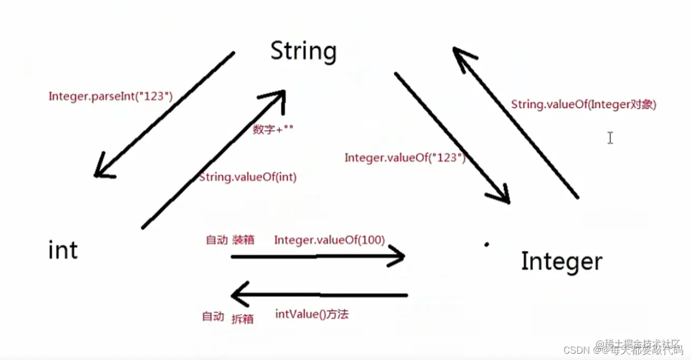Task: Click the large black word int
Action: coord(63,250)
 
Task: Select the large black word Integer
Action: coord(561,261)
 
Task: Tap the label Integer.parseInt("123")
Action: coord(111,96)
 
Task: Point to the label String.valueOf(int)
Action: coord(248,177)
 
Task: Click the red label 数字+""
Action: coord(272,130)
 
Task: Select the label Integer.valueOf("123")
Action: coord(405,158)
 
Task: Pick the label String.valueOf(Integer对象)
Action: coord(583,104)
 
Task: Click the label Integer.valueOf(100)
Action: coord(329,240)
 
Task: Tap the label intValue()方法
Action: coord(312,315)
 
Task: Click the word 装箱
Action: coord(243,240)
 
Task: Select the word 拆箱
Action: coord(242,318)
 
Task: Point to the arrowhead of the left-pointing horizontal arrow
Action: coord(239,294)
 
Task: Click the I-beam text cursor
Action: coord(610,138)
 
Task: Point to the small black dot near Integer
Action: coord(486,244)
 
